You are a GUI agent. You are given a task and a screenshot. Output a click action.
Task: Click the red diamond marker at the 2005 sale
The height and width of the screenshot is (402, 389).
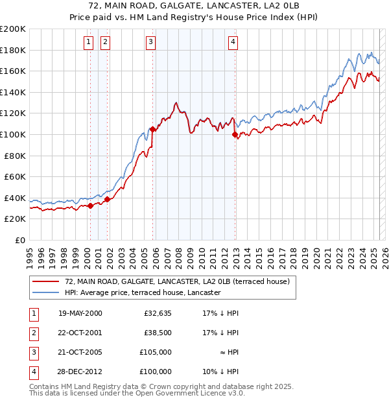point(153,129)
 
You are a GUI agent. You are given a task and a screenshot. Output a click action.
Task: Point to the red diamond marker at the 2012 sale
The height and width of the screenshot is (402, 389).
point(235,135)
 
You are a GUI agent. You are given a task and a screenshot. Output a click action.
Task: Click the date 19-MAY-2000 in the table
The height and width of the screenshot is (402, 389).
point(80,313)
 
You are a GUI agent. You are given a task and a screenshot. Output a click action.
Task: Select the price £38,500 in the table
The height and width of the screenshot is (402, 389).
point(158,333)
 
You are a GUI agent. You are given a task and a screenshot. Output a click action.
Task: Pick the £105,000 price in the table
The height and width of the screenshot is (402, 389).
point(156,352)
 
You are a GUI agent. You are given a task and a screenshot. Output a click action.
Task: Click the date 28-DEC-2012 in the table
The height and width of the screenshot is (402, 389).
point(80,372)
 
